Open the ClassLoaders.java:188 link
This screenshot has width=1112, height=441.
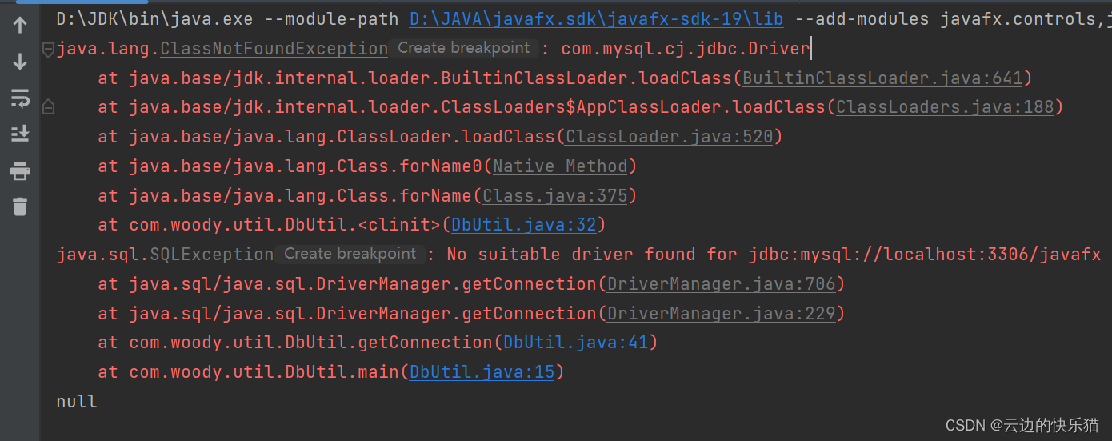click(x=945, y=107)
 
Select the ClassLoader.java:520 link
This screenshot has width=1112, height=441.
click(x=670, y=137)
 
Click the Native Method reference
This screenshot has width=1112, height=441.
click(x=560, y=166)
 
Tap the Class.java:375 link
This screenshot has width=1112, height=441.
click(x=555, y=196)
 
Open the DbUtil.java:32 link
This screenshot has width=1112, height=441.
click(x=524, y=225)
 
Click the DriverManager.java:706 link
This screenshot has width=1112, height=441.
click(x=721, y=284)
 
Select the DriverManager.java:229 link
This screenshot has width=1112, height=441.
click(x=721, y=314)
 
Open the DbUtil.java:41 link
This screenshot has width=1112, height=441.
click(x=575, y=343)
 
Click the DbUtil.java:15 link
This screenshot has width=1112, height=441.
click(x=482, y=372)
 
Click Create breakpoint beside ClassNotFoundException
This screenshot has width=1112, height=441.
click(x=464, y=48)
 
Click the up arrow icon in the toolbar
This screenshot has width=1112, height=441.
click(x=20, y=26)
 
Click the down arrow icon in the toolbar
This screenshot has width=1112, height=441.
click(x=20, y=62)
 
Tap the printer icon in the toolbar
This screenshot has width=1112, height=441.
click(x=20, y=170)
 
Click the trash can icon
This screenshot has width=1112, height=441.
click(x=20, y=206)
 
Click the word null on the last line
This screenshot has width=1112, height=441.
click(x=77, y=402)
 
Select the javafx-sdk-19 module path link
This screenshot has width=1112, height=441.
click(x=596, y=18)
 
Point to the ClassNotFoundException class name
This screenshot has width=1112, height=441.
click(x=274, y=49)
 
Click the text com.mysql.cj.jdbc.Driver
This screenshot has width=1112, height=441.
click(x=686, y=49)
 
